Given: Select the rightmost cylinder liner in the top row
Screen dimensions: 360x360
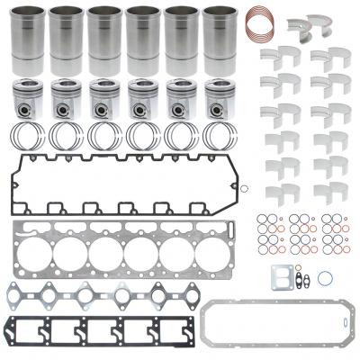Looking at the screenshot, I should point(219,40).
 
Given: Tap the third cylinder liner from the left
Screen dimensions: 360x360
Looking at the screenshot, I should point(104,40).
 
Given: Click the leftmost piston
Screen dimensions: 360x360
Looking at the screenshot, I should point(28,98).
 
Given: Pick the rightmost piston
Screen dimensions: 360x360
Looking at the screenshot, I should point(219,98).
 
